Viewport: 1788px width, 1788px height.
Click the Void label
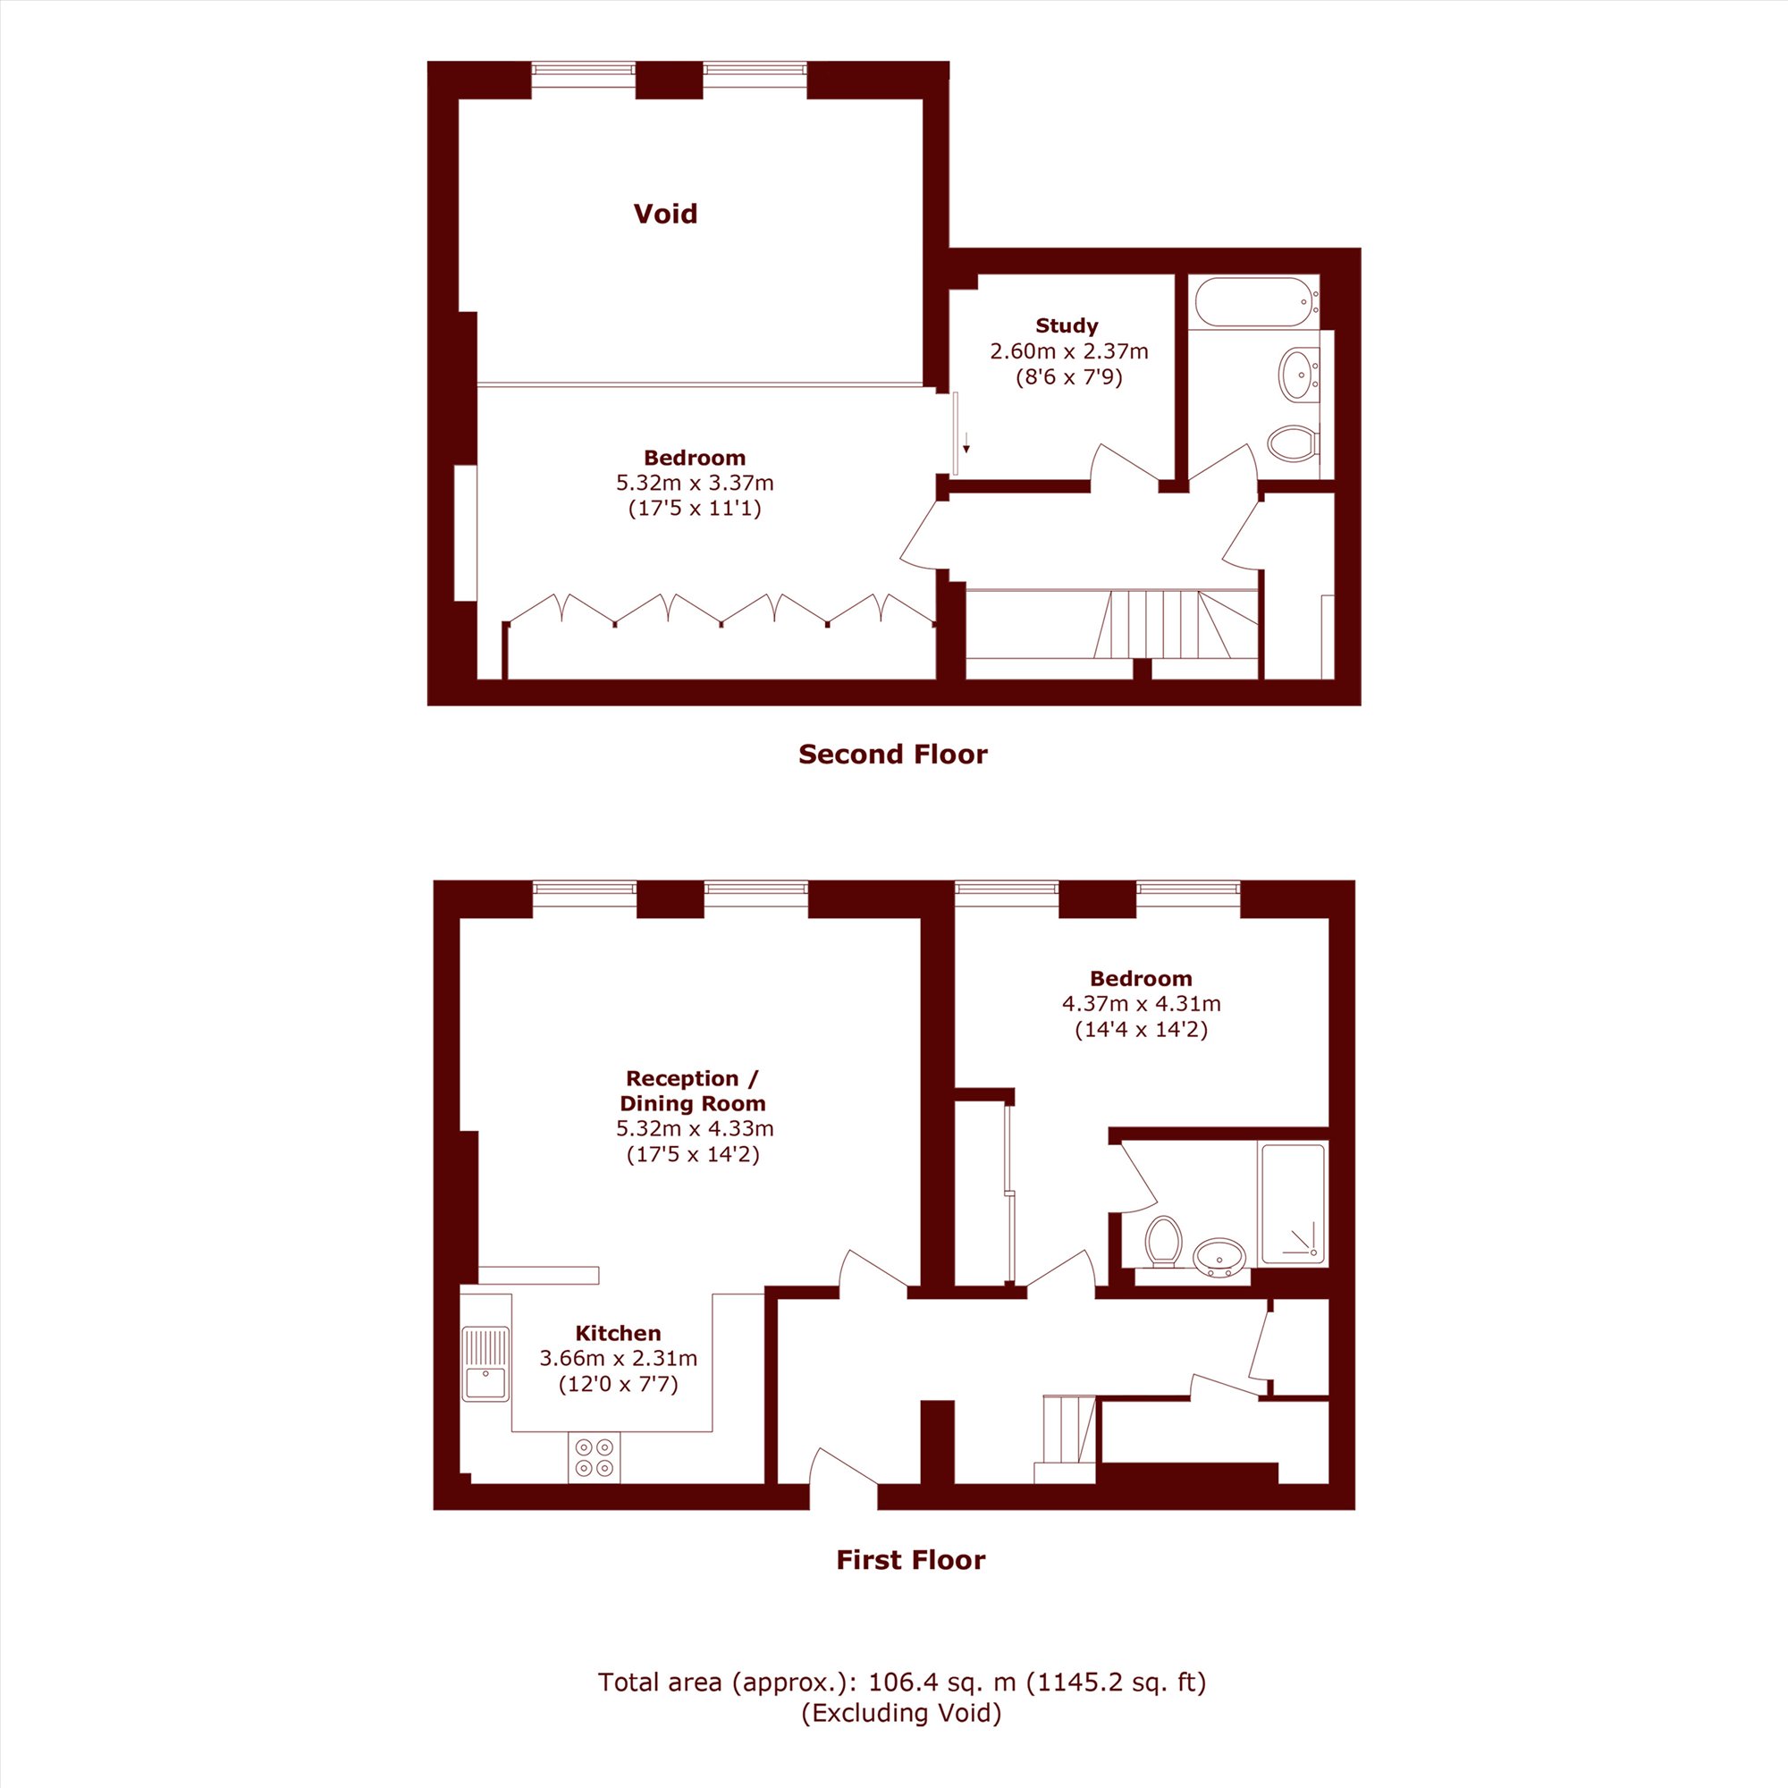pos(665,214)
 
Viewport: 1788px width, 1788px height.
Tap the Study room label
pos(1067,325)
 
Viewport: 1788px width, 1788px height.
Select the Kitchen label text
pos(619,1334)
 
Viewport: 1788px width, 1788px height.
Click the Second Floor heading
pos(893,755)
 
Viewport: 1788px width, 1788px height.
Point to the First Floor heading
pos(911,1560)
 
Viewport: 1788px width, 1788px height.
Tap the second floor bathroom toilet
pos(1293,443)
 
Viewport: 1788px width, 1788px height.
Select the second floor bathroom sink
pos(1300,374)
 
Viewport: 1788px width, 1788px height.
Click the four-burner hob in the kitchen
pos(595,1457)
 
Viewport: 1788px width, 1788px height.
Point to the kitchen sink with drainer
pos(485,1363)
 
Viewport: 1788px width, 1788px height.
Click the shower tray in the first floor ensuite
pos(1293,1204)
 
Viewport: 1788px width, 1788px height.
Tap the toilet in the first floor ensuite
pos(1163,1241)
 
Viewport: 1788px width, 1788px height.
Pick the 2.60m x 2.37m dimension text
pos(1069,351)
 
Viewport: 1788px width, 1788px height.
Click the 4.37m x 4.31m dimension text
pos(1141,1003)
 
